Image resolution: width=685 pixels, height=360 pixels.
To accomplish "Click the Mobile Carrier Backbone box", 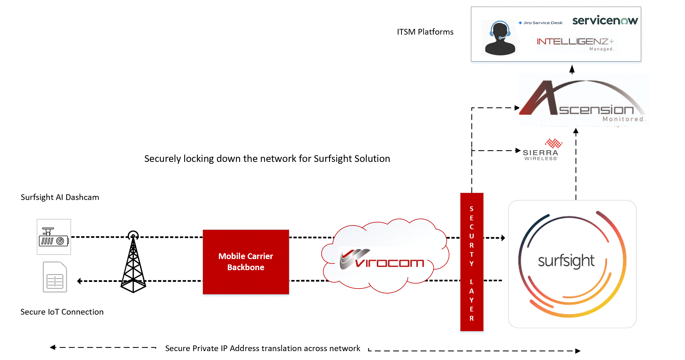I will click(x=246, y=262).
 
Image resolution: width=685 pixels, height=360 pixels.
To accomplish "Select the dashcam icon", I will click(x=54, y=237).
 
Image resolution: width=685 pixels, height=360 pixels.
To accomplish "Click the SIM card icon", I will click(x=55, y=277).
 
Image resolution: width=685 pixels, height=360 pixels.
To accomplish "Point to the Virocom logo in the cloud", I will click(x=382, y=260).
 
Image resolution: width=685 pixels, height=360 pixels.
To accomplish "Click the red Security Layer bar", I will click(x=472, y=262).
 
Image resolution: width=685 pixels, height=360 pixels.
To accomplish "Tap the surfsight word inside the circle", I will click(x=566, y=261).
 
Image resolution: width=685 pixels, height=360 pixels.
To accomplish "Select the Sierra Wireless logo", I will click(x=541, y=150).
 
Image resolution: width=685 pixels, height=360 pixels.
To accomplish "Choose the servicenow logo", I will click(x=605, y=21).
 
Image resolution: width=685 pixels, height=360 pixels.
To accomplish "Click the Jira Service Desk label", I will click(x=541, y=23).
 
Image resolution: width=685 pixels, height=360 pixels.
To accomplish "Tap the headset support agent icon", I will click(x=500, y=38).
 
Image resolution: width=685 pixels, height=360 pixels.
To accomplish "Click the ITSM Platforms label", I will click(x=425, y=32).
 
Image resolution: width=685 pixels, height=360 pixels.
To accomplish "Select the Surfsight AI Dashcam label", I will click(x=60, y=197).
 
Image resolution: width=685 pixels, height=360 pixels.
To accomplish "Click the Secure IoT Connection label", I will click(x=62, y=312).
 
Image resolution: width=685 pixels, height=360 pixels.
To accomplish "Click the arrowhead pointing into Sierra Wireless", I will click(x=518, y=150).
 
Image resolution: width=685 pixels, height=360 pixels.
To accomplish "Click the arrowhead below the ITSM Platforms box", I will click(x=572, y=69).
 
